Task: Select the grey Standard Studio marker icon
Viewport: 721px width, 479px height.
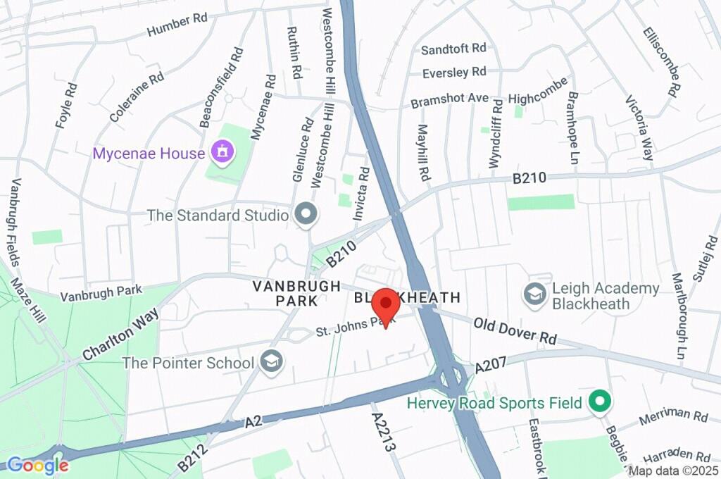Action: (x=305, y=215)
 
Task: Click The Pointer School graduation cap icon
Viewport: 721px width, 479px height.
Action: (x=269, y=363)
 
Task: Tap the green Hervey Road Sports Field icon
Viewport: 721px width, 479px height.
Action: (x=600, y=402)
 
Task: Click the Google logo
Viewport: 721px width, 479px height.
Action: (x=37, y=465)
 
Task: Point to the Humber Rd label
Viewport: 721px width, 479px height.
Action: (x=177, y=25)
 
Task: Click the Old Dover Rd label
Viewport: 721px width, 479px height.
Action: (x=515, y=332)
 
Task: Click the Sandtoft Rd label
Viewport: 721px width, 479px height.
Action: (x=453, y=49)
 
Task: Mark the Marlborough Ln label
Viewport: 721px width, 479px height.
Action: (x=679, y=315)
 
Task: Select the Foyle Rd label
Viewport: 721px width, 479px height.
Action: (x=65, y=106)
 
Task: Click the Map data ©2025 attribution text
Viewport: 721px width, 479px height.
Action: (x=673, y=471)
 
